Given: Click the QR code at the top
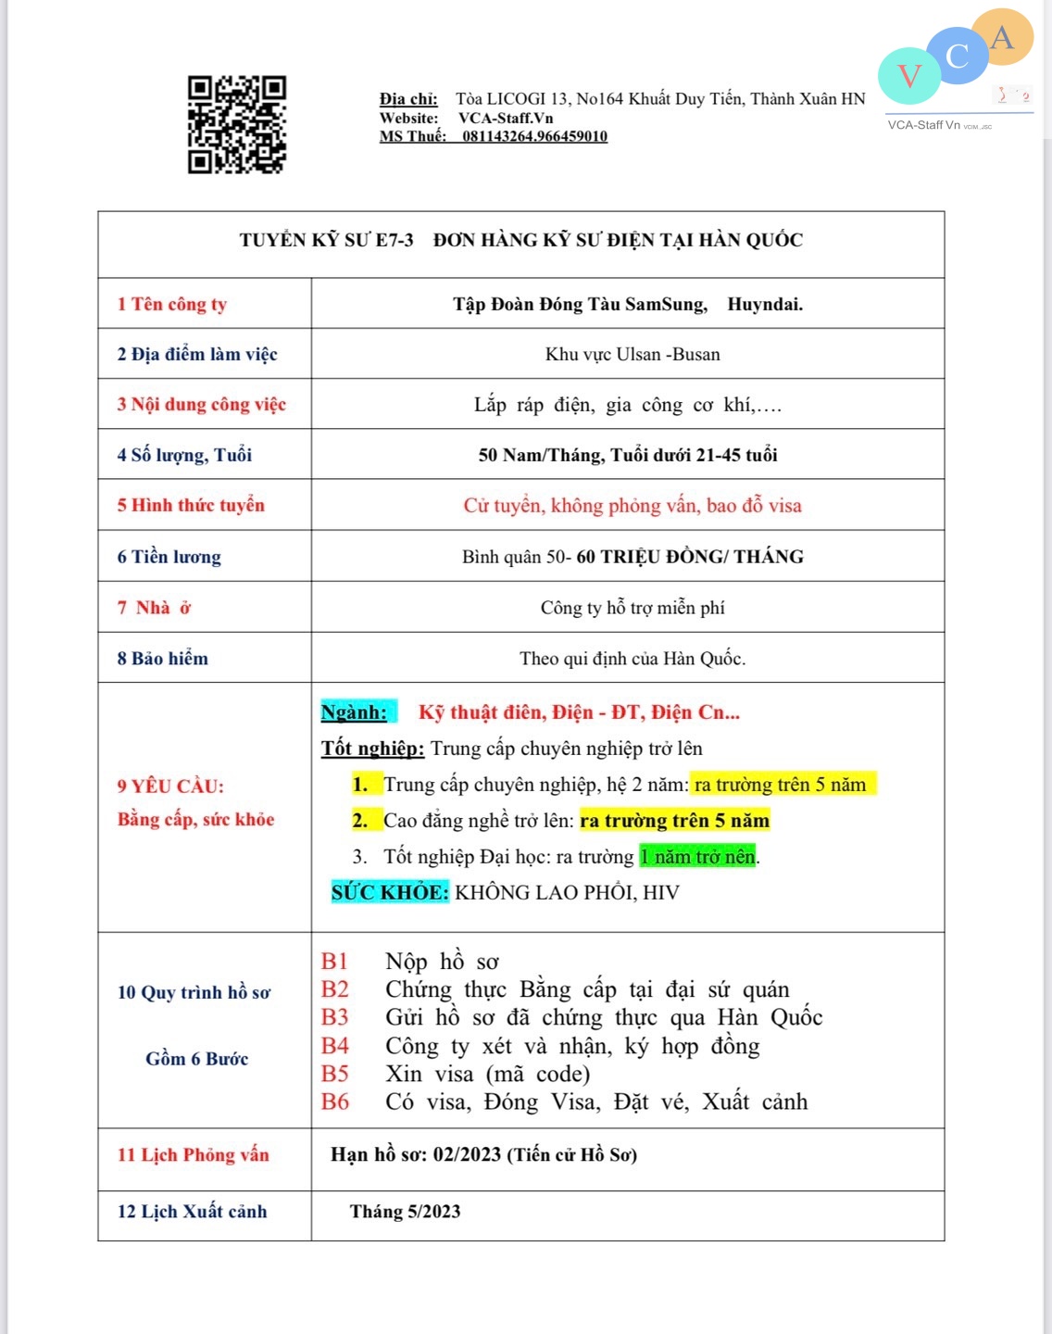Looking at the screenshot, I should click(237, 124).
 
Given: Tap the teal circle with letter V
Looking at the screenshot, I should click(909, 76).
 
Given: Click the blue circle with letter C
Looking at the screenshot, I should click(958, 57).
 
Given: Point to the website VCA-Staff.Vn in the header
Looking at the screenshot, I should click(506, 118).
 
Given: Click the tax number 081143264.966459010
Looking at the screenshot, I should click(534, 136).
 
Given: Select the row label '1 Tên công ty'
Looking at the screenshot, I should click(172, 304).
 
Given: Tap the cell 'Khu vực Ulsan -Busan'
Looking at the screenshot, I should click(632, 354).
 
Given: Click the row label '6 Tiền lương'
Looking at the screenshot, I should click(169, 557).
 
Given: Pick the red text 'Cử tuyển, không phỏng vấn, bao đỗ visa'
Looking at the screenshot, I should click(632, 506).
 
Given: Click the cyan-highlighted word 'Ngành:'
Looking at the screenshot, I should click(355, 712).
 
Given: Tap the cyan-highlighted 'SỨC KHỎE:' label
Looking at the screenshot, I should click(390, 892).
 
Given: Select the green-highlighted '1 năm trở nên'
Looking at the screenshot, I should click(698, 856).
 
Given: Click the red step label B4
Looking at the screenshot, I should click(335, 1046).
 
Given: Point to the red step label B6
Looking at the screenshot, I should click(335, 1101).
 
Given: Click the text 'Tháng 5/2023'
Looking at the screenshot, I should click(405, 1212).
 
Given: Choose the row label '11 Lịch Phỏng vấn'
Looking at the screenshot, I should click(194, 1155).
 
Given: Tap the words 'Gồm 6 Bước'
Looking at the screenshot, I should click(197, 1059).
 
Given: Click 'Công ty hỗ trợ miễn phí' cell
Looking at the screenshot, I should click(632, 608).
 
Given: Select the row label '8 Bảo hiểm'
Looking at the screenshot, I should click(163, 659).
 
